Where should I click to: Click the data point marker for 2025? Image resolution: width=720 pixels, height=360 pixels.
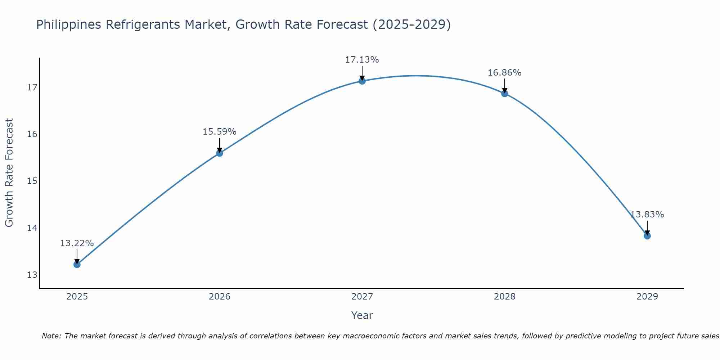pos(77,265)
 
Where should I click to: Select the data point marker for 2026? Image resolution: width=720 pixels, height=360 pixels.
pos(220,153)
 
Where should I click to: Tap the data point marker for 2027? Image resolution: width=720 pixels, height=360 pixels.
pos(362,81)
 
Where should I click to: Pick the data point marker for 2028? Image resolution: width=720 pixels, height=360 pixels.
pos(505,94)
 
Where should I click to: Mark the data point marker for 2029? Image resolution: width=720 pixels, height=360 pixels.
pos(647,236)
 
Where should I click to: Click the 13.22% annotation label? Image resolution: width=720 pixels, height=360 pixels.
pos(77,243)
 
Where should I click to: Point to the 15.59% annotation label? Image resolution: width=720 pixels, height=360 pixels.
pos(219,132)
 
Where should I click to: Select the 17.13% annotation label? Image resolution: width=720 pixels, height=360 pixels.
pos(362,60)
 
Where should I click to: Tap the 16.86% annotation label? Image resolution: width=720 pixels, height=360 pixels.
pos(504,73)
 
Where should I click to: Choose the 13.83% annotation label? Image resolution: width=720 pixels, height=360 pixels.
pos(647,215)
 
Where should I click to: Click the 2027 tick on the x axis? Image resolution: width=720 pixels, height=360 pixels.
pos(362,297)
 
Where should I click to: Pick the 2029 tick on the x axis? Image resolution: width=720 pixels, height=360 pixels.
pos(647,297)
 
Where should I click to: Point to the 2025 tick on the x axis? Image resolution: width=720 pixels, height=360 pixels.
pos(77,297)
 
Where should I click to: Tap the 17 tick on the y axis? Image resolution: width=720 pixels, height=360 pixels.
pos(32,87)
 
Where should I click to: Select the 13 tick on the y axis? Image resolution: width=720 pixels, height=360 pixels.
pos(32,275)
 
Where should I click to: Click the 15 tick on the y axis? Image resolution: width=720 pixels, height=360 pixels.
pos(32,181)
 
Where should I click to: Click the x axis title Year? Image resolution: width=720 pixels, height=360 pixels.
pos(362,315)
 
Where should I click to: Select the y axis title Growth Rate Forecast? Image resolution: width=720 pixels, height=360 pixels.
pos(9,173)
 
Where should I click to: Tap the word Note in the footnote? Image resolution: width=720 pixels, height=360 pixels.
pos(51,336)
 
